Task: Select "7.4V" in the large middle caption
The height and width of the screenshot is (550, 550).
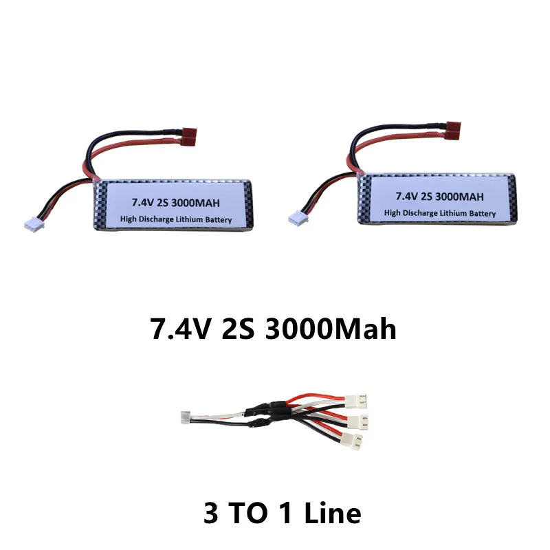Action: pos(181,329)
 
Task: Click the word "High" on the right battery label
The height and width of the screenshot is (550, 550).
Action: pos(392,213)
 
